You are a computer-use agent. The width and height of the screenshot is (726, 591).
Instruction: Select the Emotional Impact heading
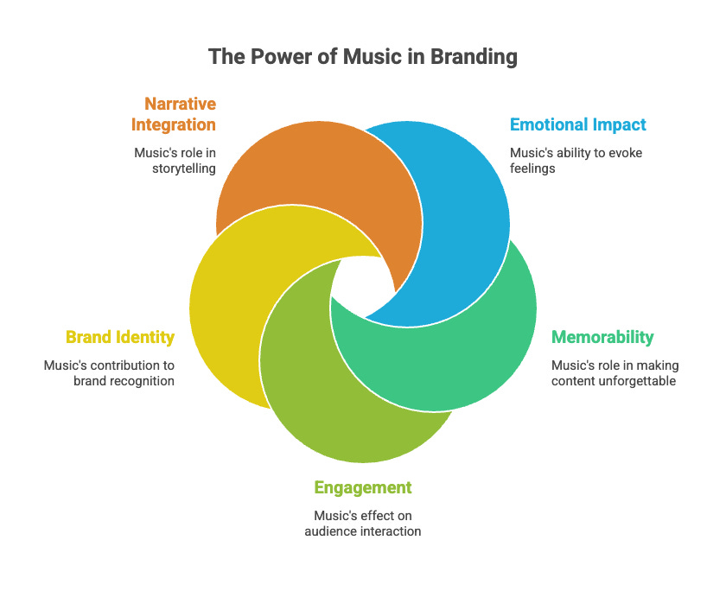click(x=577, y=124)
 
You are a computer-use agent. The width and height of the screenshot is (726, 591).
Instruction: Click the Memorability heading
click(x=602, y=337)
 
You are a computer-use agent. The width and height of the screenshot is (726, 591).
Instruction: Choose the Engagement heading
click(x=363, y=487)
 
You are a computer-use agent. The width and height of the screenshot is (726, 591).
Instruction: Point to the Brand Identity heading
click(x=120, y=337)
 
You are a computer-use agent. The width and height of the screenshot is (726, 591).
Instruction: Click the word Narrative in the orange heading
click(x=180, y=105)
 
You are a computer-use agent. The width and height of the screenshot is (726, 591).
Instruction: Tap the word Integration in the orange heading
click(x=173, y=124)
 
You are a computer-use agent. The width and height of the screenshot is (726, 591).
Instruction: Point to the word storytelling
click(x=184, y=169)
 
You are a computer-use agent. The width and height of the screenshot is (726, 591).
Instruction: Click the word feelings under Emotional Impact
click(x=534, y=169)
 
